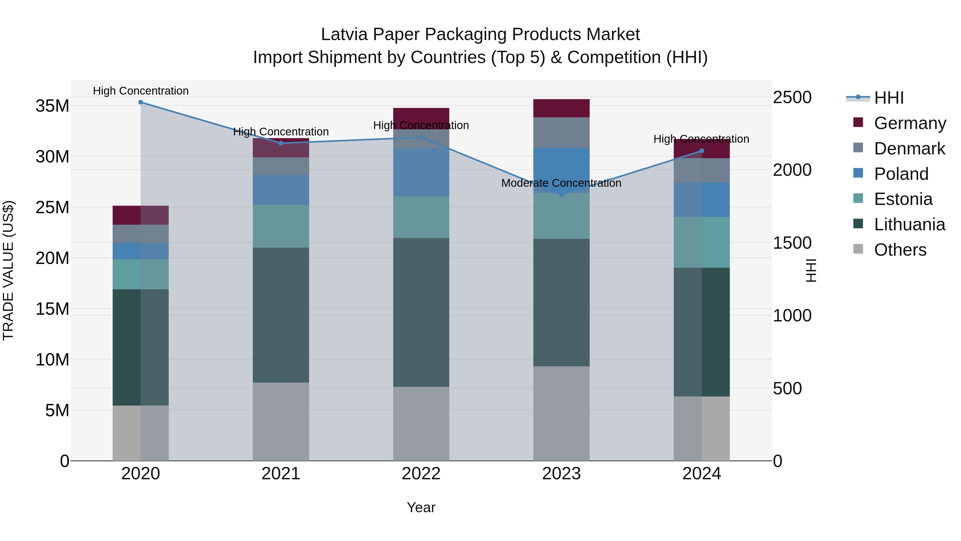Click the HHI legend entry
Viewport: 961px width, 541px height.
(x=888, y=98)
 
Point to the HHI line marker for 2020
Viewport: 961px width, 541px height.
(x=141, y=102)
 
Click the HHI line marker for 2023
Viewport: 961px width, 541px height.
(x=561, y=194)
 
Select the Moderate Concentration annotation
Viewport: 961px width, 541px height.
(x=561, y=183)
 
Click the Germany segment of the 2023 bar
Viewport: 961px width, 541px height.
(x=561, y=108)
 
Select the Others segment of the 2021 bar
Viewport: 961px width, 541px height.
(x=281, y=422)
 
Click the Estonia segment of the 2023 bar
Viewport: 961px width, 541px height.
(x=561, y=216)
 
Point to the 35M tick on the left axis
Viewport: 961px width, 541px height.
(x=52, y=106)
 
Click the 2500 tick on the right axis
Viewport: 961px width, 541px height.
(x=792, y=98)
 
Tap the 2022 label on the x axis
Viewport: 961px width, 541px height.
(x=421, y=474)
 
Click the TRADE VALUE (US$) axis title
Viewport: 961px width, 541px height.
(x=8, y=270)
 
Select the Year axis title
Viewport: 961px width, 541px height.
(x=421, y=507)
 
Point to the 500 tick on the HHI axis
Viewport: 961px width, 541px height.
(x=787, y=388)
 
